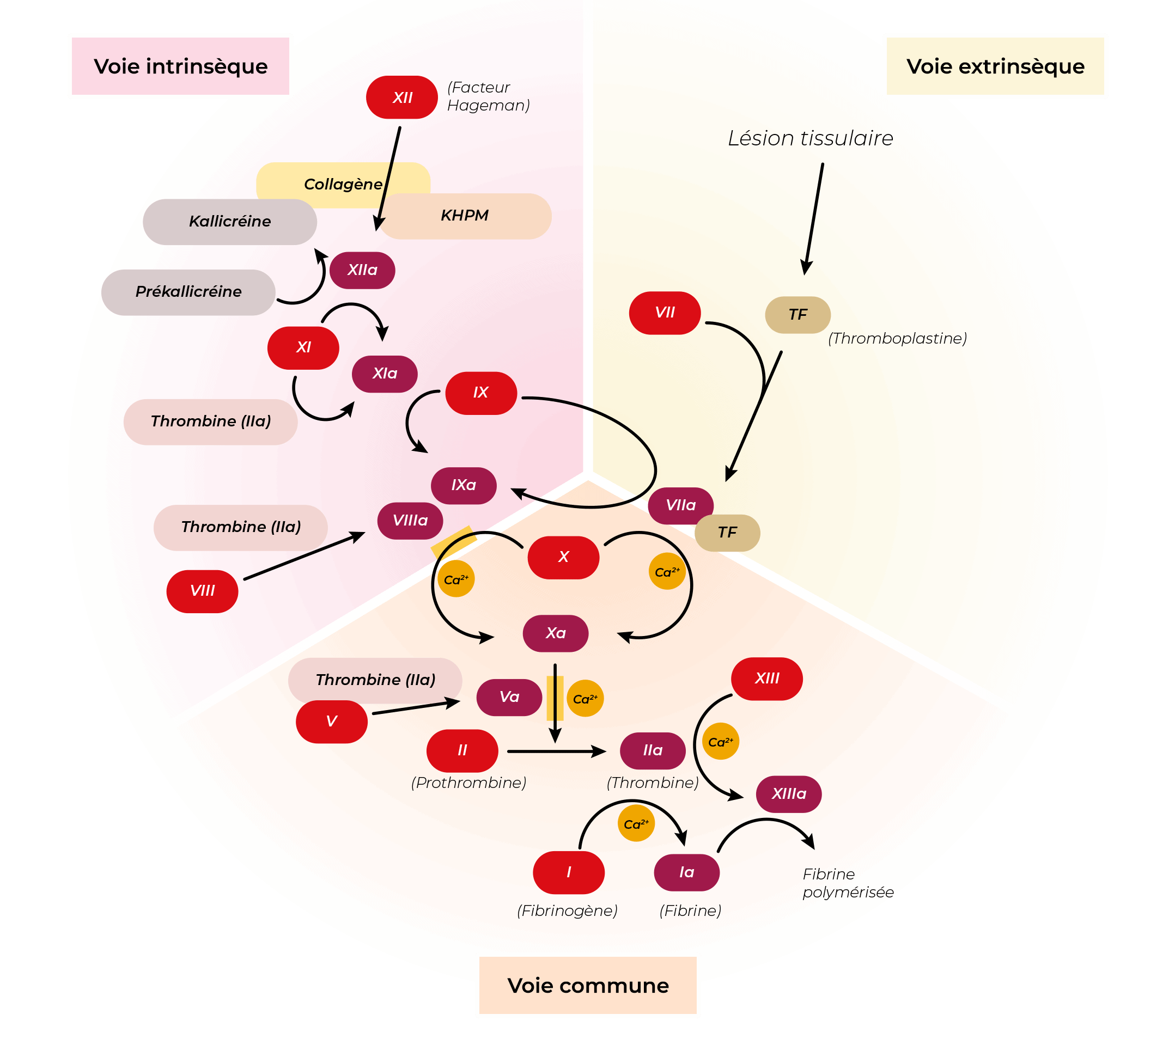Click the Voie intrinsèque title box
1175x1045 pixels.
click(x=180, y=66)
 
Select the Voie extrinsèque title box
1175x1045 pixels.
click(x=995, y=66)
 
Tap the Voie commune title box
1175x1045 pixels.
click(x=587, y=985)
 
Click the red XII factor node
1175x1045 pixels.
click(x=402, y=97)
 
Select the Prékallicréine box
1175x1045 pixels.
click(x=188, y=292)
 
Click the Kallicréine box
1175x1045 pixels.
click(x=229, y=222)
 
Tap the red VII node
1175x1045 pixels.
click(x=665, y=313)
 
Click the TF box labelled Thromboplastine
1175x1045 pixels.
click(x=797, y=314)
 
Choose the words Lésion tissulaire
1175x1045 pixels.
click(x=810, y=138)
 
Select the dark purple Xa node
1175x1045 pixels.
click(x=555, y=633)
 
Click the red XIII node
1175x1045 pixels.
click(x=766, y=679)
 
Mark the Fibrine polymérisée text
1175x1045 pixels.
click(x=847, y=883)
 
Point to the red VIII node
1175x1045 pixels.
click(x=202, y=591)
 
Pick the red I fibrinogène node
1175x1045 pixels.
click(x=568, y=872)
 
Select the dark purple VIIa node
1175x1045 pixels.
click(x=680, y=505)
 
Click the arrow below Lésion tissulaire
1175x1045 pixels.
click(x=813, y=218)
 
